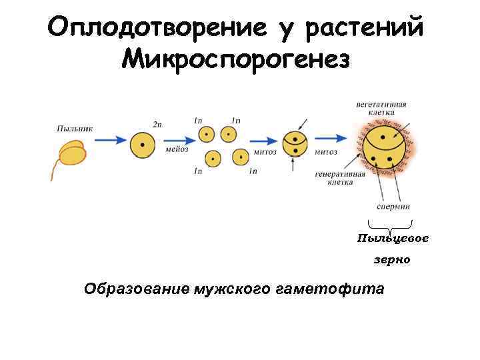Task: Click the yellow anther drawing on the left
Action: (x=72, y=154)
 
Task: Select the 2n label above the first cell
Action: (x=157, y=125)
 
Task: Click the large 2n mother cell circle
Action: (x=141, y=145)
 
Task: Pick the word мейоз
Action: (x=177, y=151)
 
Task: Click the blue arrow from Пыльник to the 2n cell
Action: (x=110, y=140)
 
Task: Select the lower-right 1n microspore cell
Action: (x=240, y=157)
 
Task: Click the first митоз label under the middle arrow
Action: (x=265, y=152)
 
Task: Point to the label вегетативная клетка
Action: (x=381, y=109)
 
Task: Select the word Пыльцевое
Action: (x=393, y=239)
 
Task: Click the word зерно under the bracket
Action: (x=392, y=260)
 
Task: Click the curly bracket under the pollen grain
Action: (x=390, y=227)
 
